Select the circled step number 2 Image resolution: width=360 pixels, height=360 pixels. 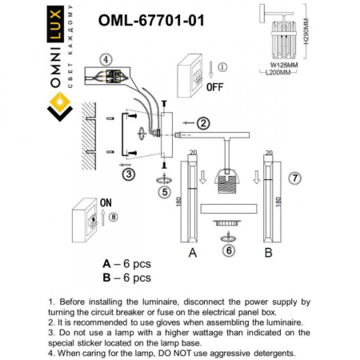coord(203,122)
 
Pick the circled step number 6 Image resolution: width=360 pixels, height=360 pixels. coord(227,250)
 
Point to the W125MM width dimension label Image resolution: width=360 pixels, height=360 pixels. coord(279,64)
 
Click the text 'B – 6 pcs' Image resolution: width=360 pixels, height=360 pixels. coord(126,278)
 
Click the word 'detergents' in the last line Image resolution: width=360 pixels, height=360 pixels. coord(269,352)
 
